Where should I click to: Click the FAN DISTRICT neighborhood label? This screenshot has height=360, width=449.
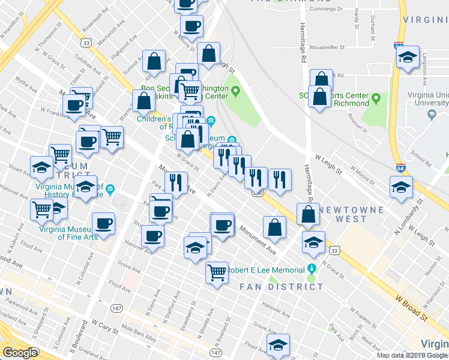coord(281,287)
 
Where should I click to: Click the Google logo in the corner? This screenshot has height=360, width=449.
coord(20,352)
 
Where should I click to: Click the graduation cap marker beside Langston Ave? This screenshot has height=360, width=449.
coord(408,58)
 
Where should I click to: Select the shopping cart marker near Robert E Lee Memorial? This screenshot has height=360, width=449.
coord(217,271)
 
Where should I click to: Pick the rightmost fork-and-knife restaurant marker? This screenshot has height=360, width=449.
coord(279,178)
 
